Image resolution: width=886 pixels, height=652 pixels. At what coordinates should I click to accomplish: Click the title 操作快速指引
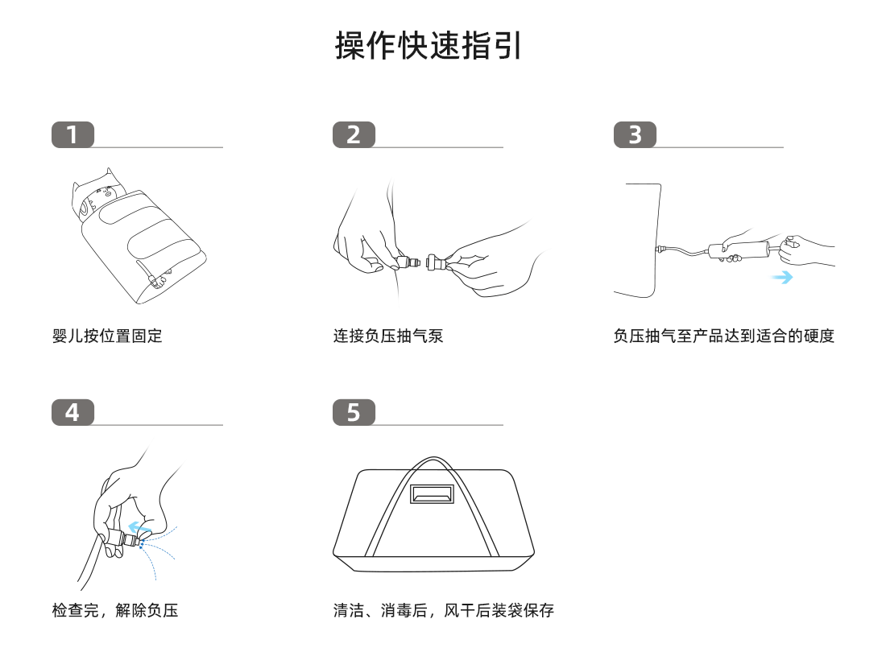(429, 46)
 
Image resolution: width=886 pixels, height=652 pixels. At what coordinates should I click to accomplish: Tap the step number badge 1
(72, 135)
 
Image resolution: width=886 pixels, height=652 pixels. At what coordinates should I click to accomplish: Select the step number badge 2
(354, 135)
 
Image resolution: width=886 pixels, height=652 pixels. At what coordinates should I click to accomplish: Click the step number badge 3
(635, 135)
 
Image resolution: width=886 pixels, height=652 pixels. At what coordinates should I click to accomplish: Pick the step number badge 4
(72, 412)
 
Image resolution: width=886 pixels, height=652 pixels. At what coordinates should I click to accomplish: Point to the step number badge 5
(354, 412)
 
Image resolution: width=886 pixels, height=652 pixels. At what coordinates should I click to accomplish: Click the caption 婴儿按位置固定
(107, 336)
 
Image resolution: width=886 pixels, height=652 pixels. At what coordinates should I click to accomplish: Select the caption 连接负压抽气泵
(388, 336)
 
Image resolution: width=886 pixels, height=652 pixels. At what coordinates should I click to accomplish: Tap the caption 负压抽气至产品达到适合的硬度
(723, 336)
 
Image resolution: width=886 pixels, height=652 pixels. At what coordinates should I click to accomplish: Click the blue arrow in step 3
(780, 278)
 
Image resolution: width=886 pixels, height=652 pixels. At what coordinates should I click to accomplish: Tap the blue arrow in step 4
(138, 528)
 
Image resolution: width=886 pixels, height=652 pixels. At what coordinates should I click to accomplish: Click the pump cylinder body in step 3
(737, 250)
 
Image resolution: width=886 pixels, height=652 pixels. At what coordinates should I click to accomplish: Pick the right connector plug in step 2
(437, 262)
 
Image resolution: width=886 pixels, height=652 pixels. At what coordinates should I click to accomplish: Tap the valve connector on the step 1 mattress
(156, 281)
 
